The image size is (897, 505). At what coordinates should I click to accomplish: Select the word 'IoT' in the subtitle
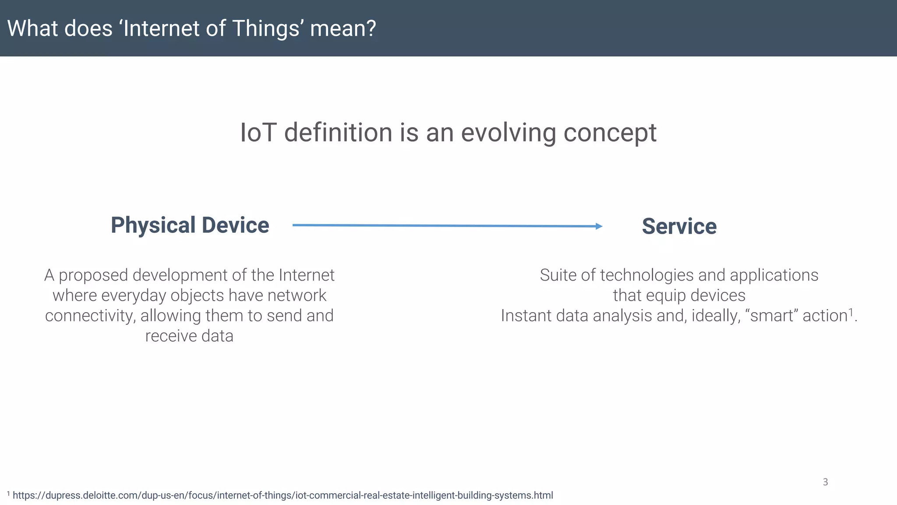click(258, 132)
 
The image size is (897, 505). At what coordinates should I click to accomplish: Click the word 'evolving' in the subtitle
click(508, 132)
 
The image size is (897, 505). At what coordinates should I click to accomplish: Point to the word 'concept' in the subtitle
click(610, 133)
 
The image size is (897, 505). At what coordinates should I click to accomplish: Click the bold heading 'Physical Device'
click(190, 225)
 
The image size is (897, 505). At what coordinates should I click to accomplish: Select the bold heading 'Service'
click(679, 227)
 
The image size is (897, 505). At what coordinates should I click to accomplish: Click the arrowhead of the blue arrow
click(599, 226)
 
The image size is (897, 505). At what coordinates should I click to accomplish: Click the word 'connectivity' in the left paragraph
click(90, 316)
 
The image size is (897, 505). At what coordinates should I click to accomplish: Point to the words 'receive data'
click(189, 336)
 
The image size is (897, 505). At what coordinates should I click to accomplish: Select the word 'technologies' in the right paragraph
click(646, 275)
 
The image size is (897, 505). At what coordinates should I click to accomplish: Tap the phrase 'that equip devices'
click(679, 295)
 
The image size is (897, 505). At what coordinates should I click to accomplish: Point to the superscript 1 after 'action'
click(851, 312)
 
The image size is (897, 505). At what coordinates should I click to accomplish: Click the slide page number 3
click(825, 482)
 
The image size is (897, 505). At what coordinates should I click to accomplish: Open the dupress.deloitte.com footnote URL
click(283, 495)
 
